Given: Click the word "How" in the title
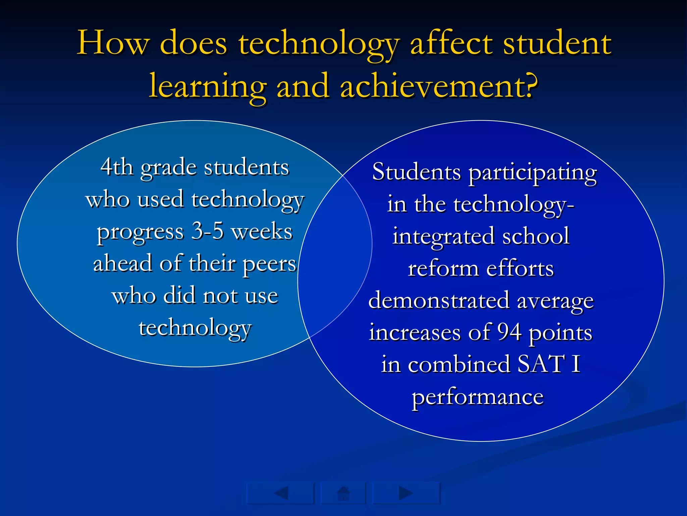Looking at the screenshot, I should [x=113, y=44].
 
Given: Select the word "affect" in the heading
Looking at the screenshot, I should [x=451, y=44].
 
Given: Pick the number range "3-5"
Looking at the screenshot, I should [x=207, y=231].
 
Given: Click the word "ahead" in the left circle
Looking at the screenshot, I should [x=122, y=263].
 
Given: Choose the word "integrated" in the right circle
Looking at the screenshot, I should [x=443, y=237].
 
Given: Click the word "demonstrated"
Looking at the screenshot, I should [x=439, y=300].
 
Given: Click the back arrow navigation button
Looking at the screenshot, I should [x=280, y=493].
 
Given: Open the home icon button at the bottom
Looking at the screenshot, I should [x=343, y=493].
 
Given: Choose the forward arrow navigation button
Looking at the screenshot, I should [x=406, y=493].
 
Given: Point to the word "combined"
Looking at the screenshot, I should [x=459, y=364].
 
